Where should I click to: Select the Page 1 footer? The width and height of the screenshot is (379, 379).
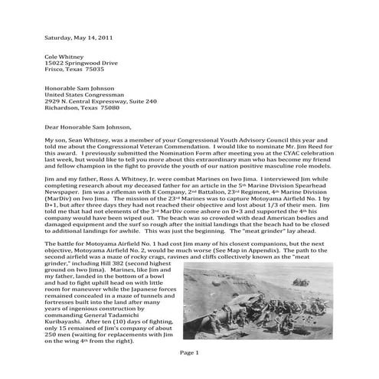(x=189, y=352)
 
